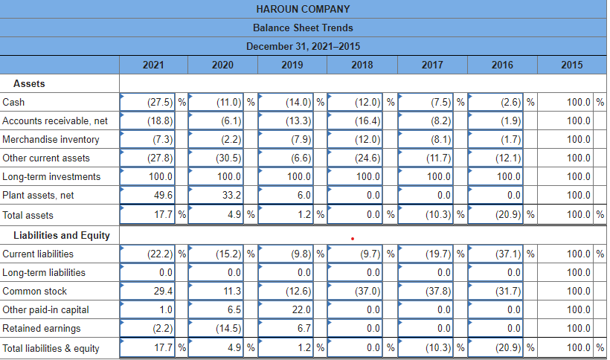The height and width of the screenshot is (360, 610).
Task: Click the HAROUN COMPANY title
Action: (303, 9)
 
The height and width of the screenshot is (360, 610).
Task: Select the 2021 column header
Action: (153, 65)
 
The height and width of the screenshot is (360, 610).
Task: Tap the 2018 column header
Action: (362, 65)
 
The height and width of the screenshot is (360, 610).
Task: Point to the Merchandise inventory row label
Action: (51, 139)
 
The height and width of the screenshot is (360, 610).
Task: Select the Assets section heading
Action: (29, 83)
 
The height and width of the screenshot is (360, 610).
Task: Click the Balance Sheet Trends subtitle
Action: (303, 28)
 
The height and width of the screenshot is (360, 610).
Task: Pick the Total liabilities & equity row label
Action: (51, 348)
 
